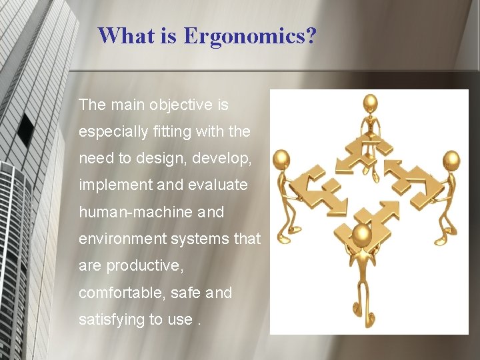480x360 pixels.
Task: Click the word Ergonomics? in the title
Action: click(250, 35)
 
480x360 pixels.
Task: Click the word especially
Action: click(111, 132)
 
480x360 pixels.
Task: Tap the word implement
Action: click(115, 185)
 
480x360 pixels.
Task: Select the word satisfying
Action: click(111, 319)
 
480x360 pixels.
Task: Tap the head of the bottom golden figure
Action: click(361, 234)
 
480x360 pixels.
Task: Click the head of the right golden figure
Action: click(452, 160)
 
